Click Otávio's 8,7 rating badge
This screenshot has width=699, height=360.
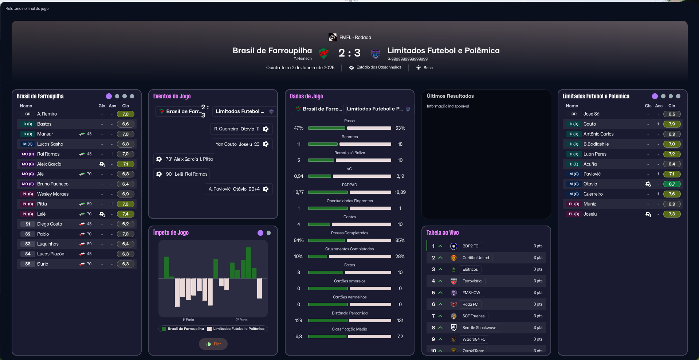672,184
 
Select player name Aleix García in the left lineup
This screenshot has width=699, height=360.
49,164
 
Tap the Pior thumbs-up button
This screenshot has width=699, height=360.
213,344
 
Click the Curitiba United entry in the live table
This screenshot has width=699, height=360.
476,258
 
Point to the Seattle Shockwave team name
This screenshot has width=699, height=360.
479,328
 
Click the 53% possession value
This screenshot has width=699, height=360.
400,128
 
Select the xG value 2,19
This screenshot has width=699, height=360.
400,176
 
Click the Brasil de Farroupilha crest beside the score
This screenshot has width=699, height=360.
323,54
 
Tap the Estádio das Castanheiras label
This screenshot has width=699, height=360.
379,67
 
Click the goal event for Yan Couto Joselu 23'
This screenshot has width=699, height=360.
242,144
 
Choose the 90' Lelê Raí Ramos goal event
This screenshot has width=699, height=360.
182,174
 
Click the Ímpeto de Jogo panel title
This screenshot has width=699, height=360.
171,232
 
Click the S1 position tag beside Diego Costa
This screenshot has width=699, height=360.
28,224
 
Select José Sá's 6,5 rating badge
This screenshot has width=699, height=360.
672,114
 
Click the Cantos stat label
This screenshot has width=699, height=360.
350,217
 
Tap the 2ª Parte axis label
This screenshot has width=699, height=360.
241,320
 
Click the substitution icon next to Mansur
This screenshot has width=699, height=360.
82,134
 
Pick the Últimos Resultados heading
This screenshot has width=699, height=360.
450,96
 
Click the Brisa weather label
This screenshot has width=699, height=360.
428,68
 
